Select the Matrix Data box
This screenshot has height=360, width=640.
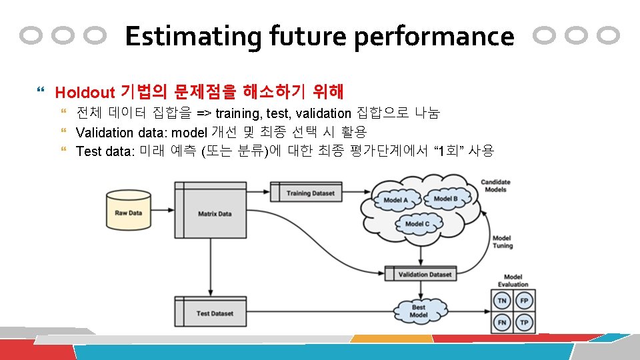[x=215, y=213]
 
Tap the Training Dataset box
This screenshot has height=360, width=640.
[x=310, y=193]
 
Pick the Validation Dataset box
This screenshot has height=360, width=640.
[x=424, y=274]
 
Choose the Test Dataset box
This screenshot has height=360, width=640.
[x=215, y=313]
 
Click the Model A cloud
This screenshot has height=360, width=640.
[x=396, y=200]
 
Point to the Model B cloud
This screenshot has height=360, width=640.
[x=445, y=198]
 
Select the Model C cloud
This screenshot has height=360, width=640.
[x=417, y=224]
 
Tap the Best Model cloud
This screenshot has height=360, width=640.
[x=418, y=311]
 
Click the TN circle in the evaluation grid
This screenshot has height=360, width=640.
[x=501, y=301]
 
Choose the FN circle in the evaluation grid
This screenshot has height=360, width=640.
[x=501, y=323]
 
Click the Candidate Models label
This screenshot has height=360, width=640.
[x=495, y=185]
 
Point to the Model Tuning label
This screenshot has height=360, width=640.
[x=502, y=241]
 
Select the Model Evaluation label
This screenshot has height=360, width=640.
[x=513, y=281]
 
